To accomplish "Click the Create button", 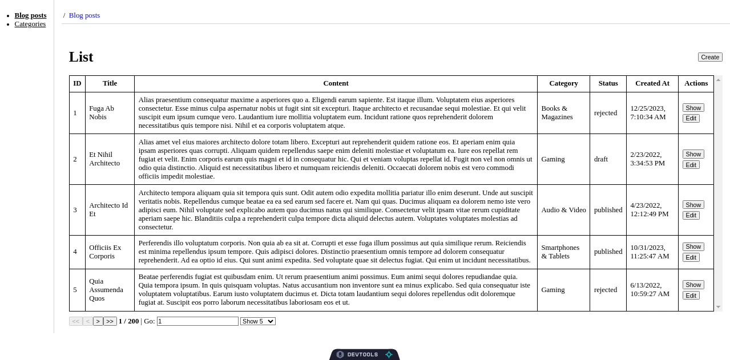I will click(x=710, y=57).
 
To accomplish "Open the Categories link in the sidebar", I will click(x=30, y=24).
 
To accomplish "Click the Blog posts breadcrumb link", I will click(x=84, y=15).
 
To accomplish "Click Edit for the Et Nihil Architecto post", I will click(x=691, y=165).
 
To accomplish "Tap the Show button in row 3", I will click(x=693, y=205).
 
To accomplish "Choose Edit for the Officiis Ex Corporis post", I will click(x=691, y=257).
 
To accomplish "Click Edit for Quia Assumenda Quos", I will click(x=691, y=296).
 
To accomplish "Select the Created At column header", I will click(x=652, y=83).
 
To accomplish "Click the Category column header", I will click(x=563, y=83).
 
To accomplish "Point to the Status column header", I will click(x=608, y=83).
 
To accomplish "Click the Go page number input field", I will click(x=197, y=321).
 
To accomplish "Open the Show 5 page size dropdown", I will click(x=257, y=321).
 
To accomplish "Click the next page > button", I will click(x=98, y=321).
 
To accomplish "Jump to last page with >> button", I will click(x=110, y=321).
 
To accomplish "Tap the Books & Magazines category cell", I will click(x=556, y=113).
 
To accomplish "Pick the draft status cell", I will click(x=601, y=159).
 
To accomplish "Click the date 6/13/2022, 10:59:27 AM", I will click(x=650, y=290).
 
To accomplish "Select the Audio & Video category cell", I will click(x=563, y=210).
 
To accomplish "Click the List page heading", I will click(x=81, y=57).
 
